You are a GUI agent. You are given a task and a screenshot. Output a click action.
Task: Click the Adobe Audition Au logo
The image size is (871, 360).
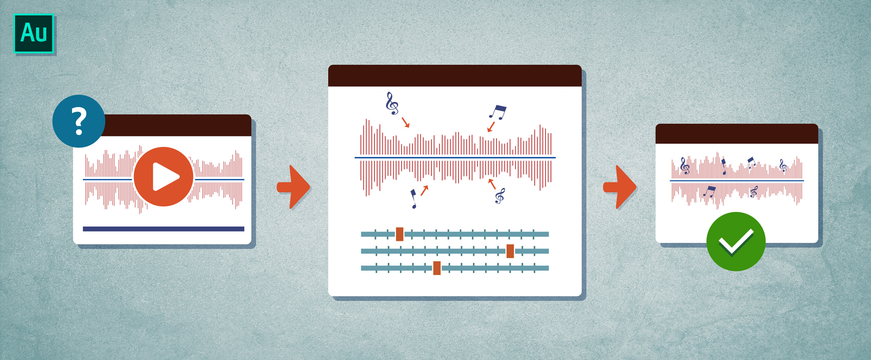coord(34,33)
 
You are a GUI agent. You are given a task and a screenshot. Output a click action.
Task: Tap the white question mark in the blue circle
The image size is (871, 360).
coord(79,121)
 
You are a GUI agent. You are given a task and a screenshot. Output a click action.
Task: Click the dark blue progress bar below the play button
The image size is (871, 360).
coord(163,229)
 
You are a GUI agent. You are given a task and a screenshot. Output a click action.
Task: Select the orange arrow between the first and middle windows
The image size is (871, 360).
coord(293,187)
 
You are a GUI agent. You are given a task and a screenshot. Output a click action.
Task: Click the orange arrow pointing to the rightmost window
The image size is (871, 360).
coord(620,187)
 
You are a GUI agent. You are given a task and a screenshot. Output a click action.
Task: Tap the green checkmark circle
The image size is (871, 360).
coord(736,241)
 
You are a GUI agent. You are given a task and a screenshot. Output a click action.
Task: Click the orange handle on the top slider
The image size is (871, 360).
coord(400,234)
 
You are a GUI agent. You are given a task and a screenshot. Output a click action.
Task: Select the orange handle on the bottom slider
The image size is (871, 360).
coord(437,268)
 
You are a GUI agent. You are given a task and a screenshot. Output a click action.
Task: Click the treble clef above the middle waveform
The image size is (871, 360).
coord(392,103)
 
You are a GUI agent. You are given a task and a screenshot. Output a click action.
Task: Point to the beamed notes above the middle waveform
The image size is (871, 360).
coord(498,112)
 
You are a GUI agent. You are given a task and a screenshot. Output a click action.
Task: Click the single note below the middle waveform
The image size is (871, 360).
coord(413,199)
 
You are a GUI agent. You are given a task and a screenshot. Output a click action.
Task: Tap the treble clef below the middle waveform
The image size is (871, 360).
coord(500,196)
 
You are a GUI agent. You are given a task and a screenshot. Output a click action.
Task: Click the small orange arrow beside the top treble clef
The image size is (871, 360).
coord(406,122)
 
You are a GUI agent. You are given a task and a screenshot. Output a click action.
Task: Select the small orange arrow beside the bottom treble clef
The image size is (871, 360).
coord(492,184)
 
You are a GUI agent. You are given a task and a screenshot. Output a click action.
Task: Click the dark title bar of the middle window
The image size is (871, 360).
coord(455,76)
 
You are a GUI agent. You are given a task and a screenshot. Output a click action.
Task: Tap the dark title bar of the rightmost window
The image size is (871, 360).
coord(737,134)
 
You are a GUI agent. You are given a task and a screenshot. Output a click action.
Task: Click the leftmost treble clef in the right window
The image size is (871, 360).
coord(684,166)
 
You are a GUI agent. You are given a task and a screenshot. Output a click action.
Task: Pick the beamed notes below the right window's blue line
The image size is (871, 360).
coord(709,192)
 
